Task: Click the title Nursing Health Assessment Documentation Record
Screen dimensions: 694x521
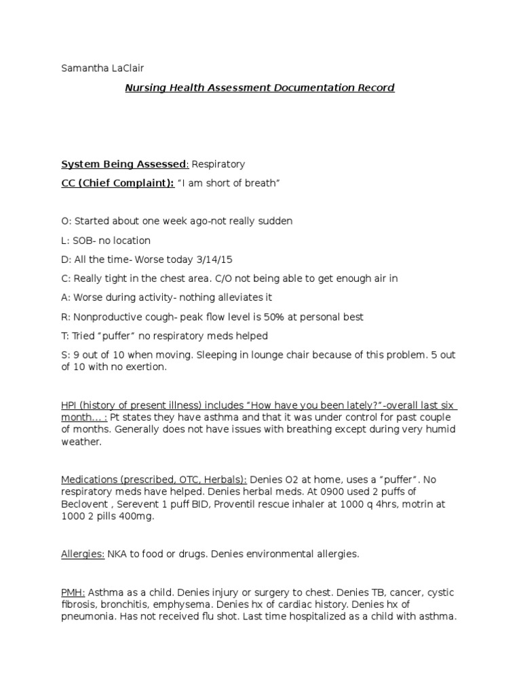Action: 260,87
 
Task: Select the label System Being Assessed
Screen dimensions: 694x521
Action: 123,164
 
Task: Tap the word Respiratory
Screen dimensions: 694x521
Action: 218,164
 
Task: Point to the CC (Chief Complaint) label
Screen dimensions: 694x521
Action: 117,184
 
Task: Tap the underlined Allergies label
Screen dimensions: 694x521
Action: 83,554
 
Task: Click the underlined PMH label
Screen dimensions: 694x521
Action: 73,592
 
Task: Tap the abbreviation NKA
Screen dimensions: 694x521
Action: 118,554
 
